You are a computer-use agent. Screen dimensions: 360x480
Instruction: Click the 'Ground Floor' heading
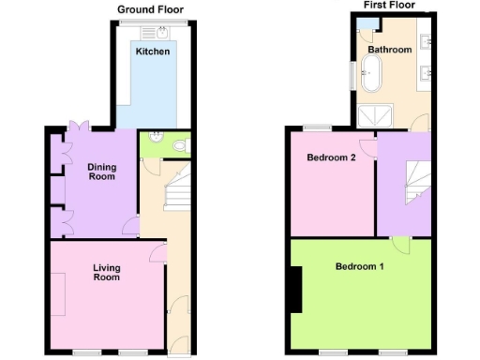click(x=150, y=10)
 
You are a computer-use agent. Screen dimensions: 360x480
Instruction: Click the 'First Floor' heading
click(x=390, y=5)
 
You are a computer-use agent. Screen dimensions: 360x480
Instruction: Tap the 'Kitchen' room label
click(x=153, y=52)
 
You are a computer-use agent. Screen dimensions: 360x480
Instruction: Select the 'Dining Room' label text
click(x=102, y=172)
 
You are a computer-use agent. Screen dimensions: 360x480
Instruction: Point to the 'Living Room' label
click(x=106, y=272)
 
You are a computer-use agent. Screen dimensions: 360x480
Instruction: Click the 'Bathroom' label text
click(x=389, y=49)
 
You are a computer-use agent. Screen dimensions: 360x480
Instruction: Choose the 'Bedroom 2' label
click(x=331, y=157)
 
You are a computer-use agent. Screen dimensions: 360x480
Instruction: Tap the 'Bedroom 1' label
click(x=360, y=266)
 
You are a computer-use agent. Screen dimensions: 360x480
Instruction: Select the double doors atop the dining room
click(x=80, y=127)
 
